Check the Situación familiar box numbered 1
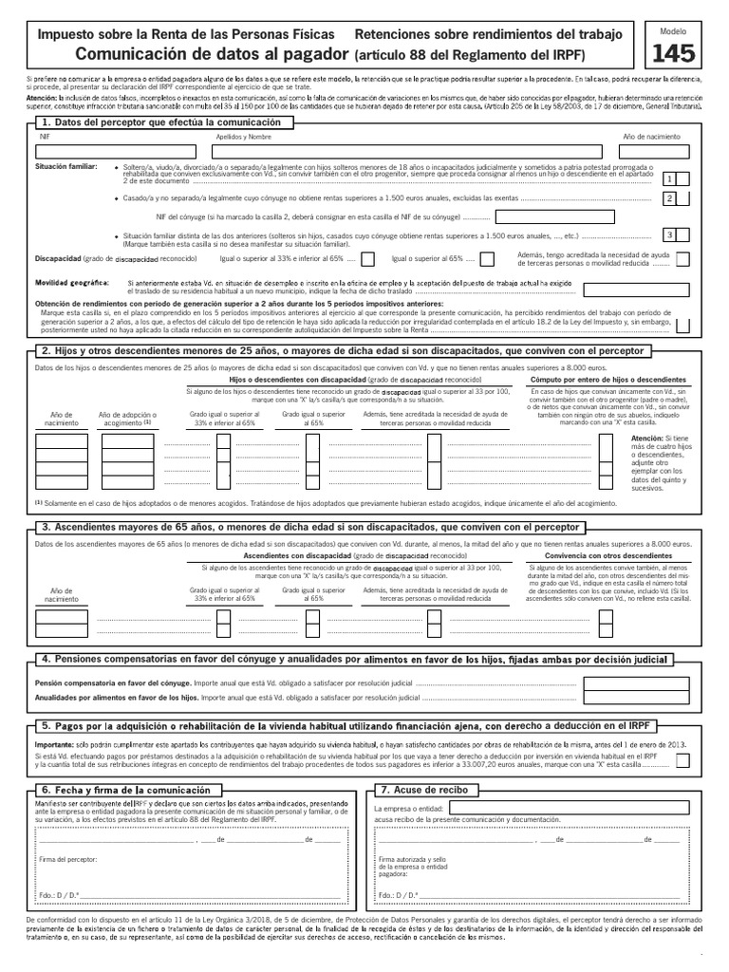point(670,178)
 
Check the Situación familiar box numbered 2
point(670,198)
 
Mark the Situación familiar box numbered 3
point(670,234)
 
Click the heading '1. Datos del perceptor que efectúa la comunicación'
point(161,123)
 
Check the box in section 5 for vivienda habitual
point(684,762)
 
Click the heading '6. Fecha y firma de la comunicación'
point(128,789)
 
